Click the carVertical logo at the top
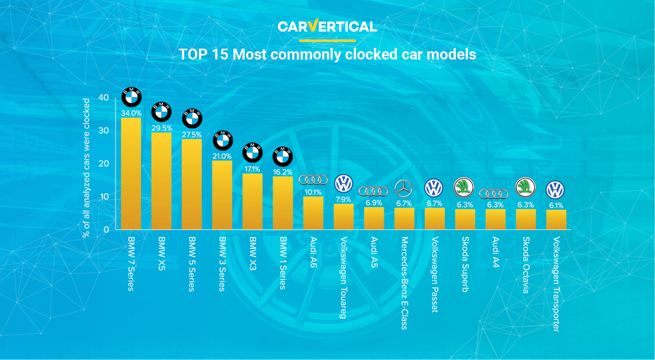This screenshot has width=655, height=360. coord(327,27)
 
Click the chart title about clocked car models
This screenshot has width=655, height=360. coord(327,55)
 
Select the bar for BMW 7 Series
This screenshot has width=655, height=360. coord(130,174)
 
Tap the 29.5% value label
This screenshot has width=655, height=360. coord(161,128)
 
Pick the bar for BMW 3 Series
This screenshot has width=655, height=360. coord(222,195)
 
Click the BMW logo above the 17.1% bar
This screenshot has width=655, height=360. coord(252,152)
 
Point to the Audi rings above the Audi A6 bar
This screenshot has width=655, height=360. coord(313,180)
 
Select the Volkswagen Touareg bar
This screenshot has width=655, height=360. coord(344,216)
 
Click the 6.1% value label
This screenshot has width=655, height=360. coord(555,205)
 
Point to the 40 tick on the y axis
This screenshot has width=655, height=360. coord(104,98)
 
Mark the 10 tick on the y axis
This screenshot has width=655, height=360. coord(104,196)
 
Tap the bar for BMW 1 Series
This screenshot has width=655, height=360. coord(283,203)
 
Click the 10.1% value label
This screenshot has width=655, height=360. coord(313,192)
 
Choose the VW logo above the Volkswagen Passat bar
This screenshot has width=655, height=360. coord(434,188)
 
